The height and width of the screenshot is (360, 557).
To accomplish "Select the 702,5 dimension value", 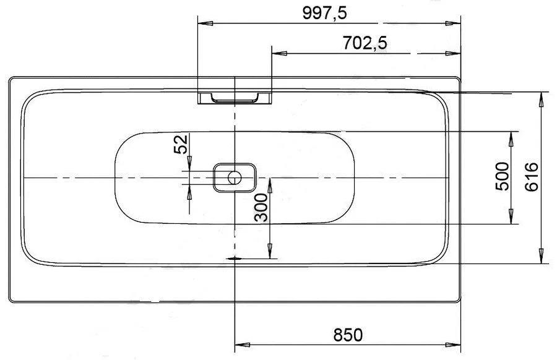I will (365, 43).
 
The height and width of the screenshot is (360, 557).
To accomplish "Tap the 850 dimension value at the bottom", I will (347, 334).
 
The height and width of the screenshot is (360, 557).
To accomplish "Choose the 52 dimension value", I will (181, 145).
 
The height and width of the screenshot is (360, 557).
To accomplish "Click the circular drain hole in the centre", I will (235, 178).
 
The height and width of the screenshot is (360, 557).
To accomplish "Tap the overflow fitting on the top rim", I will (235, 98).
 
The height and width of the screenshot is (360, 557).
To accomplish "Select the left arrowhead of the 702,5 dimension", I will (277, 53).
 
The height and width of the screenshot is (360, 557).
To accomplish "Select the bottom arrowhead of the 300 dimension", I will (270, 253).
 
